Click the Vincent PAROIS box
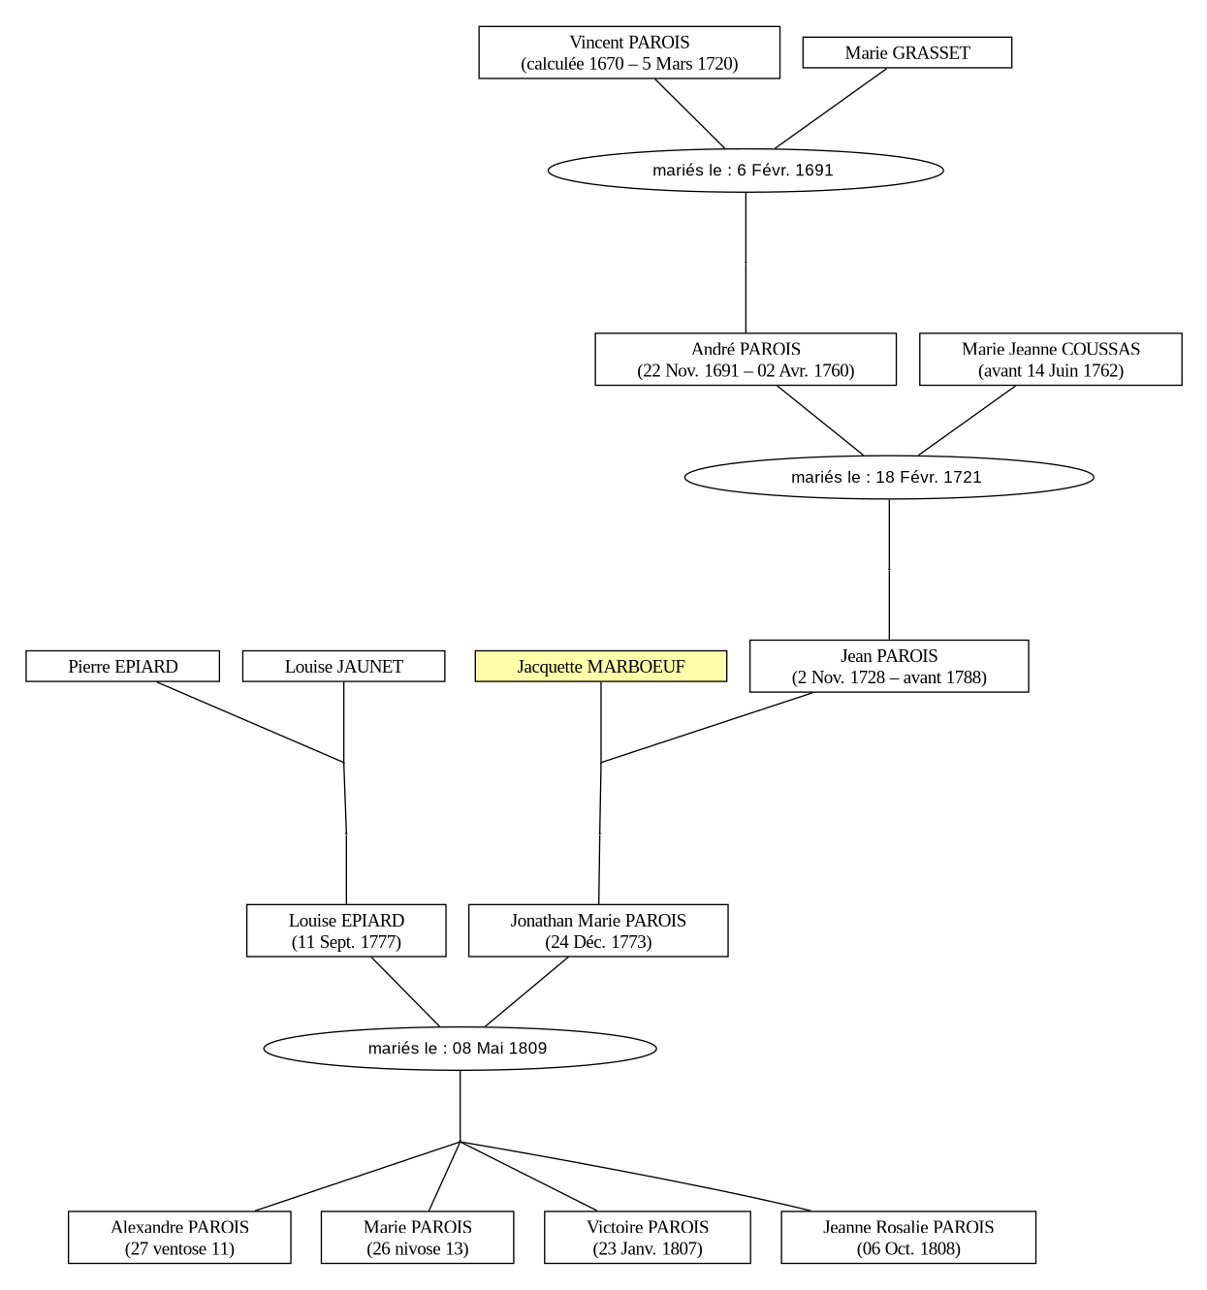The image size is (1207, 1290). [x=628, y=52]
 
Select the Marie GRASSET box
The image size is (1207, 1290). [x=906, y=52]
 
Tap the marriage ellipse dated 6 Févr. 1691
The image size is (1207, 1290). [x=745, y=171]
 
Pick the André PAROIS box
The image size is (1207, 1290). [x=745, y=360]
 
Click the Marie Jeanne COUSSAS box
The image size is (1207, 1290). [x=1050, y=360]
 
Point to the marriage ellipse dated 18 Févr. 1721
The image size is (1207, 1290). [x=888, y=478]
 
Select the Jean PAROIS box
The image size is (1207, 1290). [x=888, y=666]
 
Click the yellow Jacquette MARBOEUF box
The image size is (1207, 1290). [x=600, y=666]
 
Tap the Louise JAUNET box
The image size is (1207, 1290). [x=343, y=666]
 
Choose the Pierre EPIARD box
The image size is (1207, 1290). [x=122, y=666]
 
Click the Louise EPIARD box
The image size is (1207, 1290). [x=346, y=930]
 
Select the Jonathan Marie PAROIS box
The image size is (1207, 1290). [x=598, y=930]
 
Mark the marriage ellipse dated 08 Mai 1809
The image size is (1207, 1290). [x=460, y=1049]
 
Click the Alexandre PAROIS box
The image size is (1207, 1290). [x=179, y=1237]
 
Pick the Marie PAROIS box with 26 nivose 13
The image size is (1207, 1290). [x=417, y=1237]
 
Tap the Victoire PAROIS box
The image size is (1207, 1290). [x=647, y=1237]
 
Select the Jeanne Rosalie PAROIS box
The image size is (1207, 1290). [x=908, y=1237]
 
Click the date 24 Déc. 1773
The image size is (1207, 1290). [x=598, y=942]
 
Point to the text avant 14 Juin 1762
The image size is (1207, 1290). [x=1050, y=370]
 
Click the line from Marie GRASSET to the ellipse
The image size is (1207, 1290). [x=830, y=109]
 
